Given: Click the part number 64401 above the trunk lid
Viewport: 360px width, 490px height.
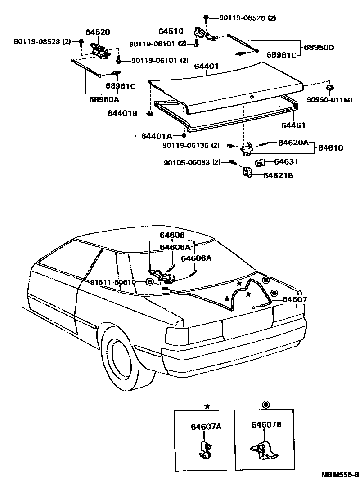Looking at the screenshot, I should point(207,67).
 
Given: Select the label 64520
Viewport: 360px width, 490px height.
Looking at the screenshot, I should point(98,32).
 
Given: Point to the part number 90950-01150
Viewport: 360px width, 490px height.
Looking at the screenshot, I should point(330,100).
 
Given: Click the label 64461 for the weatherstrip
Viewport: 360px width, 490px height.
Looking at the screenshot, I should point(293,125).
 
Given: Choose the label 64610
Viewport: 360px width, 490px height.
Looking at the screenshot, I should point(332,147).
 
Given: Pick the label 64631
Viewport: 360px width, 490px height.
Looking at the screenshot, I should point(287,161).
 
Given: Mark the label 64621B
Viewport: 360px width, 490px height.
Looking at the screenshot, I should point(278,175).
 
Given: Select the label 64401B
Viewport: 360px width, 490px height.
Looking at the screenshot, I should point(122,113).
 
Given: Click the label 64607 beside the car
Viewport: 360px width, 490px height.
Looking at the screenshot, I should point(295,299).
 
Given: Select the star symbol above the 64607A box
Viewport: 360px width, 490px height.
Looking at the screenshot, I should point(207,406).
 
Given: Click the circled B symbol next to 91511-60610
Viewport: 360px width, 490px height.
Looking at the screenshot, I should point(149,282).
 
